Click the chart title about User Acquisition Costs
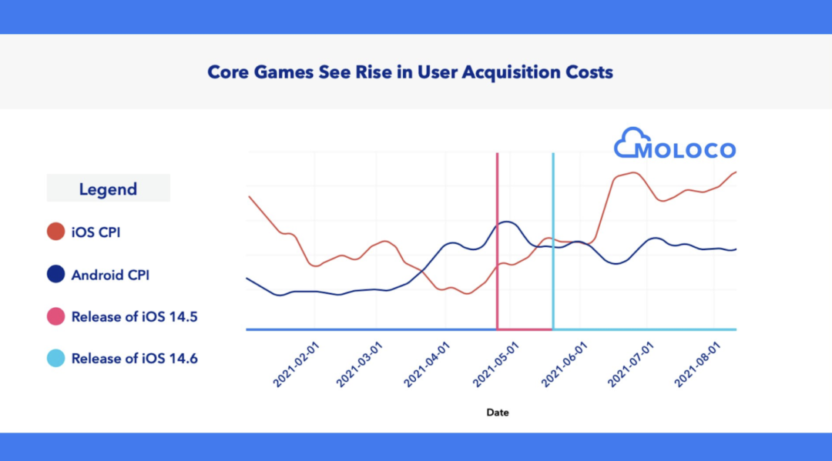click(x=410, y=72)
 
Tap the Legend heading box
click(x=108, y=189)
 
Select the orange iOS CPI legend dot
click(x=55, y=232)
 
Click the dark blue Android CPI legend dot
click(x=55, y=274)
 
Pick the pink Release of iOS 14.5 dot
click(x=55, y=316)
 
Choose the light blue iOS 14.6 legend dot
click(x=55, y=359)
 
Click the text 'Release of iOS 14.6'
click(x=134, y=359)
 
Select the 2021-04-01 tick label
click(x=426, y=366)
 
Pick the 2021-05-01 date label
click(x=495, y=366)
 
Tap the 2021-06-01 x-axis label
click(x=563, y=366)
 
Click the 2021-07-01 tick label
click(x=630, y=366)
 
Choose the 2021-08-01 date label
click(x=696, y=366)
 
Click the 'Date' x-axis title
click(x=498, y=413)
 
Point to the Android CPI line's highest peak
click(x=505, y=222)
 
